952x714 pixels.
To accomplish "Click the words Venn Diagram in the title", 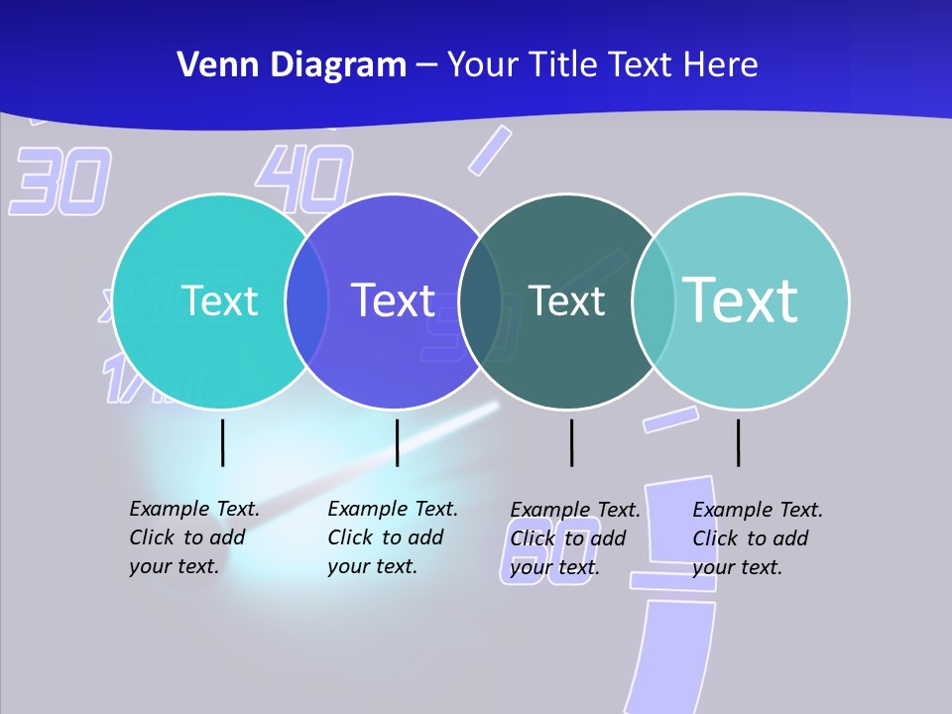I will coord(292,65).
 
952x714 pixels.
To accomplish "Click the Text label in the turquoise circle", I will coord(219,300).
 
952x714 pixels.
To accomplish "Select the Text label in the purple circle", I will coord(393,300).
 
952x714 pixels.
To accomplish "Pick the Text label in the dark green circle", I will coord(566,300).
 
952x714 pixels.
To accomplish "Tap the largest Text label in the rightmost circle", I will coord(740,299).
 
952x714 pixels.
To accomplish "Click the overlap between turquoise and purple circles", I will coord(306,301).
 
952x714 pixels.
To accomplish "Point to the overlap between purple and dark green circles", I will coord(480,301).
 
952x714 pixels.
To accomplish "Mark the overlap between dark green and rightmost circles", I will coord(654,301).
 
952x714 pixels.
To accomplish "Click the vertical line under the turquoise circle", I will coord(223,442).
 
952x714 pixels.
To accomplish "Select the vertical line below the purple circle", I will coord(397,442).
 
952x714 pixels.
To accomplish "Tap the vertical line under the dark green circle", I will coord(571,442).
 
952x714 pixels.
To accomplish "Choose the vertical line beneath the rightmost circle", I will coord(738,442).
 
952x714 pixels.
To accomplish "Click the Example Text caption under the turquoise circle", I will coord(194,537).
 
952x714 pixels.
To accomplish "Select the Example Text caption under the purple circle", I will coord(393,537).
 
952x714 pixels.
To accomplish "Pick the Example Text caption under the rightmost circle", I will coord(758,538).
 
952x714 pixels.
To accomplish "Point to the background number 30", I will coord(59,181).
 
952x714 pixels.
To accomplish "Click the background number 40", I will coord(304,178).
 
